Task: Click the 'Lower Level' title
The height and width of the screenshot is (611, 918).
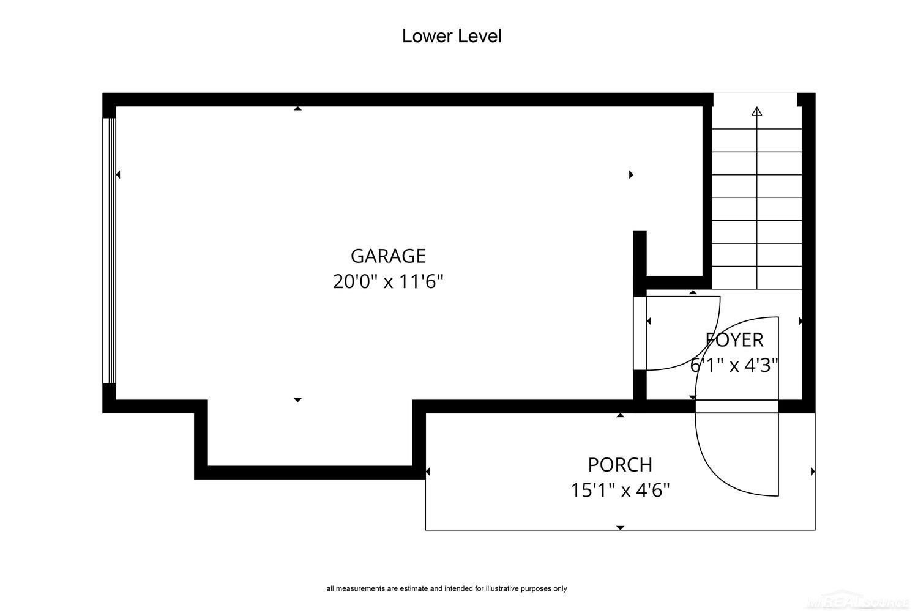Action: [x=452, y=36]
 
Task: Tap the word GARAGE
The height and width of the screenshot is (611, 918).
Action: [x=388, y=256]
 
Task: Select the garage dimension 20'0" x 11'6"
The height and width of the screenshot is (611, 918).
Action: [x=388, y=282]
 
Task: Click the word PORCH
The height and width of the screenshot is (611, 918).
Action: [x=620, y=465]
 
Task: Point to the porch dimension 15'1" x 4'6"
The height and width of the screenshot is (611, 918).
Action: [x=620, y=490]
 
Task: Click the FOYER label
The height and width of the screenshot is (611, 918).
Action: [x=734, y=340]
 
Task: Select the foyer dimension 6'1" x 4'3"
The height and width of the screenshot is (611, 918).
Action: [x=734, y=365]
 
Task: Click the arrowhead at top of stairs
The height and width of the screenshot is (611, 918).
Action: [x=757, y=111]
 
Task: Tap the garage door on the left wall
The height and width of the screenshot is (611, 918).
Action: [x=109, y=250]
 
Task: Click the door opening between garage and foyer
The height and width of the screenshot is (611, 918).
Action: [x=640, y=333]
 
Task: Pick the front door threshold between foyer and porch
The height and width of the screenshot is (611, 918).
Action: [x=736, y=406]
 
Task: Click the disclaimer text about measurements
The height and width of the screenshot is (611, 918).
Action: [x=447, y=588]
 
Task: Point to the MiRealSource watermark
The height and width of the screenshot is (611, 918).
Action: [x=857, y=602]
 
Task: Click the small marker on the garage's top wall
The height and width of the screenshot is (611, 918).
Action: [x=297, y=108]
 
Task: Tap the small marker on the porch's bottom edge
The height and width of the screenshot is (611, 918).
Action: [x=621, y=528]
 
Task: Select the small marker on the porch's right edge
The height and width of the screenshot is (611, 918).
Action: [x=813, y=472]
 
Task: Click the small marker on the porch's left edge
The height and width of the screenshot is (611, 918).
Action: [x=427, y=472]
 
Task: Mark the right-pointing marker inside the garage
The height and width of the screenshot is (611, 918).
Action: [x=631, y=175]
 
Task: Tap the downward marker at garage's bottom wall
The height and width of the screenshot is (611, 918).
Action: [x=297, y=400]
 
